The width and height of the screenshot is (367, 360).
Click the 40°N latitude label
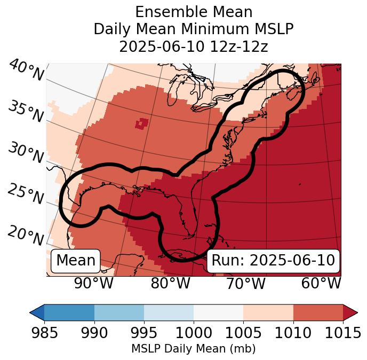[26, 71]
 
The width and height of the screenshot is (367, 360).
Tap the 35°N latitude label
[25, 112]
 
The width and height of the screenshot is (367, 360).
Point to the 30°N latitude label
[25, 153]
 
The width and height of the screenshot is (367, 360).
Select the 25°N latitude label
[25, 194]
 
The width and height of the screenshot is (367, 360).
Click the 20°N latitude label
[25, 236]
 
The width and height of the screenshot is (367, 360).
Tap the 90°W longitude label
[94, 284]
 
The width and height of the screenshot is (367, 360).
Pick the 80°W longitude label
[170, 284]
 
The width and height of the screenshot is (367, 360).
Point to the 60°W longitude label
[321, 284]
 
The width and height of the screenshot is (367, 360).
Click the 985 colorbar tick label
[44, 333]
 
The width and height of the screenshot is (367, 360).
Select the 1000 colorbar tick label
[194, 333]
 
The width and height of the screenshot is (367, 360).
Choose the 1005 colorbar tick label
[243, 333]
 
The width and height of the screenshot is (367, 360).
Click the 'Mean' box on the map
[76, 261]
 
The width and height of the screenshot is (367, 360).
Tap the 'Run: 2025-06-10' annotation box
[273, 261]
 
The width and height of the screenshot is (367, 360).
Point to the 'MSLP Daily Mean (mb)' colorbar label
[194, 349]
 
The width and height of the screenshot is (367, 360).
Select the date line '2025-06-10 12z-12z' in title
[194, 46]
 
